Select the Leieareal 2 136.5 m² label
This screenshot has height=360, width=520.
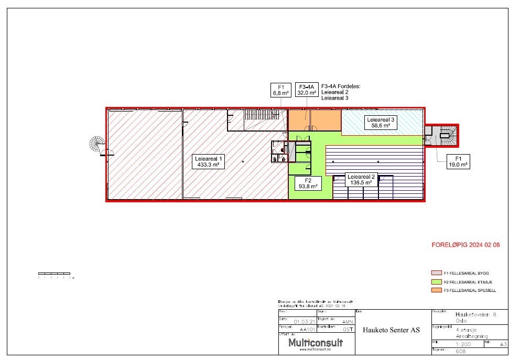pos(361,180)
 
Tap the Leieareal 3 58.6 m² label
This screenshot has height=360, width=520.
pos(381,123)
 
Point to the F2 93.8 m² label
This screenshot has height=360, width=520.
pos(308,182)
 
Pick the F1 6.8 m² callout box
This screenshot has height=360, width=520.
pos(280,90)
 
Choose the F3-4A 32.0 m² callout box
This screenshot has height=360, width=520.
pos(307,90)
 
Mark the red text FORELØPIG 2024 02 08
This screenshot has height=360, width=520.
pos(462,245)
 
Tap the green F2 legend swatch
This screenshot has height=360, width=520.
pos(435,282)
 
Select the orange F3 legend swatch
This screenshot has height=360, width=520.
pos(435,290)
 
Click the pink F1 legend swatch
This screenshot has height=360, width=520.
pos(435,274)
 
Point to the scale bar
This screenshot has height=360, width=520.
pos(54,274)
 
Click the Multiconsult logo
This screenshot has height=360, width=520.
pos(316,343)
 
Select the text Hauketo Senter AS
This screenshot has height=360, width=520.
pos(391,330)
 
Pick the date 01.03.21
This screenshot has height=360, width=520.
pos(304,322)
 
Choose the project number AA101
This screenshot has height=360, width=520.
pos(307,330)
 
